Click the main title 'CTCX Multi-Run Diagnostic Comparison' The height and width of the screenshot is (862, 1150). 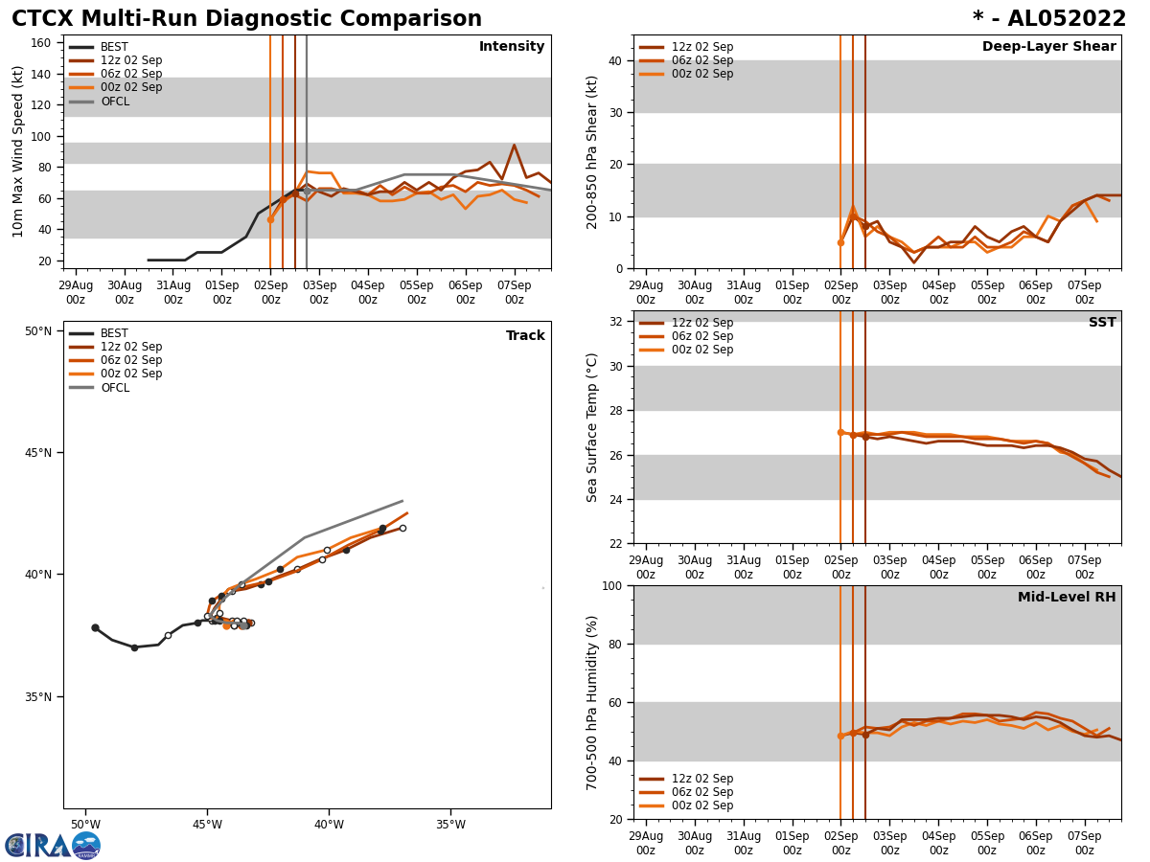(246, 19)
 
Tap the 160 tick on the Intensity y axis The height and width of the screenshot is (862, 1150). (42, 43)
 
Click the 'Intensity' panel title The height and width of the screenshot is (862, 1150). (512, 47)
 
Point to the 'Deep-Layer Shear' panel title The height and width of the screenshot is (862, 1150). (1048, 47)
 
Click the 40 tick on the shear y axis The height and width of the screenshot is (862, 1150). (614, 60)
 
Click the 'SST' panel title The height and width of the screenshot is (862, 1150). (1102, 323)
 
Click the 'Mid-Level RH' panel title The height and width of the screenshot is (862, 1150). (1067, 598)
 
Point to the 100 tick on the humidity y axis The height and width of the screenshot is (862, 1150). (610, 585)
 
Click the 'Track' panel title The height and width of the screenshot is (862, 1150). (525, 336)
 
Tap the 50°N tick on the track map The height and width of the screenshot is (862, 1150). (38, 331)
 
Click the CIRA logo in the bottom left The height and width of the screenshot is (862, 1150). (53, 845)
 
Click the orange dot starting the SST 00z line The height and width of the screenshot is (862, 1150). (840, 432)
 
